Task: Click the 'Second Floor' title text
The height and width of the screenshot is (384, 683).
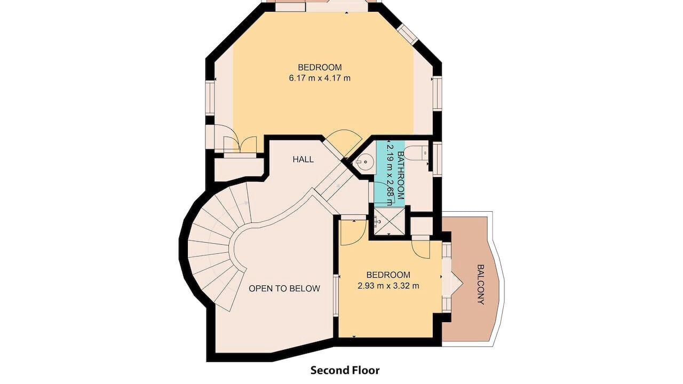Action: [345, 370]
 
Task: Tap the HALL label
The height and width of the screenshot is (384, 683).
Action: [303, 159]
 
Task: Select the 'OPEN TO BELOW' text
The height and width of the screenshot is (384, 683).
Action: [284, 289]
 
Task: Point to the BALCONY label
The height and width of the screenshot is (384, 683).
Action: [481, 284]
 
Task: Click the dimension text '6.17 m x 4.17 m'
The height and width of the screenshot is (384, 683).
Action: [320, 78]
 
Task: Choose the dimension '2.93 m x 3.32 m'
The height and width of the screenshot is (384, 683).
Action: [388, 286]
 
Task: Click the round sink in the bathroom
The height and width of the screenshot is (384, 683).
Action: [364, 162]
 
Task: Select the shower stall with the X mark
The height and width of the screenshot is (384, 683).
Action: [390, 221]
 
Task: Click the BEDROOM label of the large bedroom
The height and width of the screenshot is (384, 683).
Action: [320, 67]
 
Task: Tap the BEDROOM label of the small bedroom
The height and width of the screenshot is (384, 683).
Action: [388, 275]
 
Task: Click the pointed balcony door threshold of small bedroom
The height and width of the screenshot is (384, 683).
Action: [452, 284]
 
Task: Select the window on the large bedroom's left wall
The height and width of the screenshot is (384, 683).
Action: [210, 98]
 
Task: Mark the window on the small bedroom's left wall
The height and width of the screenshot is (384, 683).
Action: [336, 295]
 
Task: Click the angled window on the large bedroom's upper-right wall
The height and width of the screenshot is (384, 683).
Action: [408, 35]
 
